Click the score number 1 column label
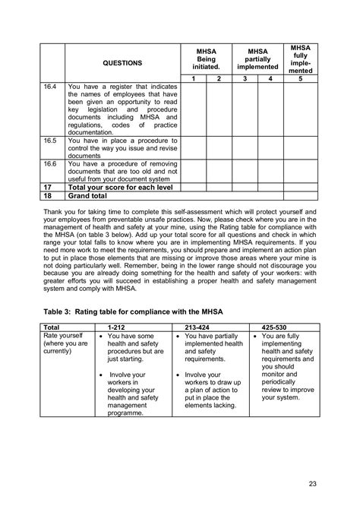[x=194, y=79]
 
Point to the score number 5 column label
[x=300, y=79]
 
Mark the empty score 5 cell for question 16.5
[x=300, y=147]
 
